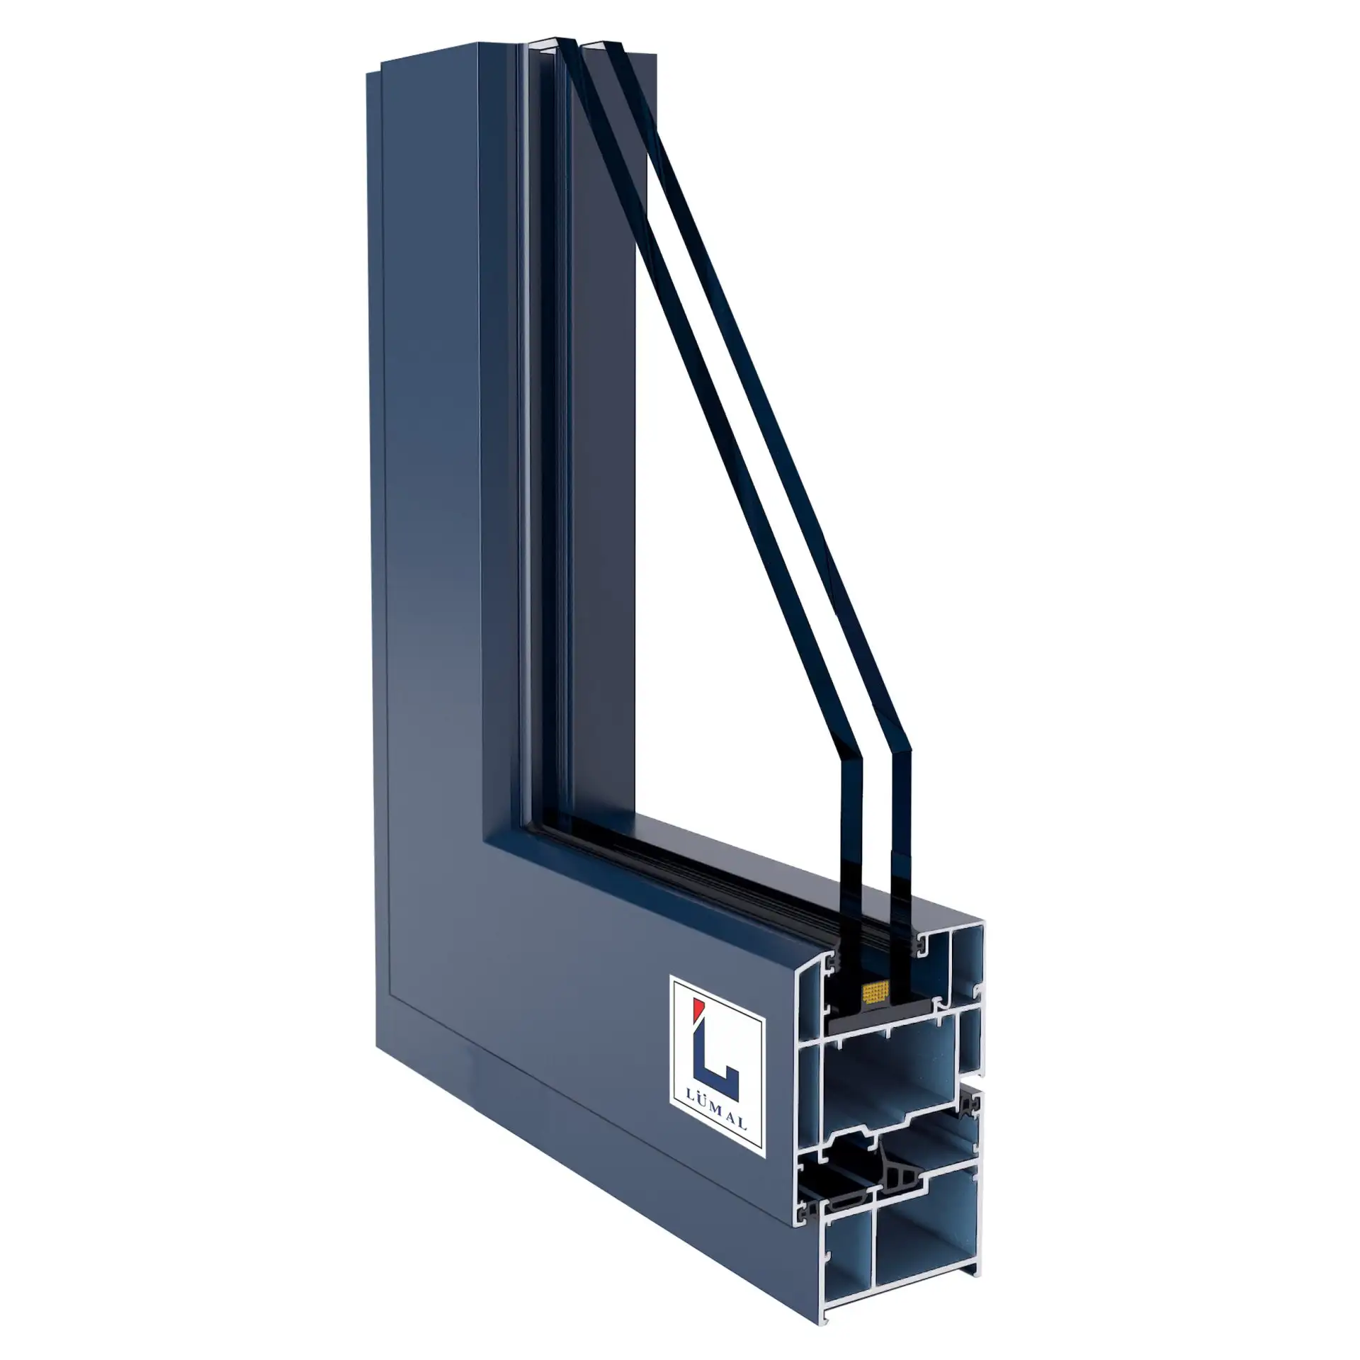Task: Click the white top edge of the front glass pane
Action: pos(545,44)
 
